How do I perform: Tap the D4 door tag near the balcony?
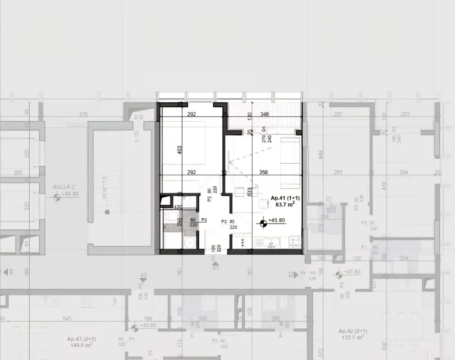click(x=263, y=129)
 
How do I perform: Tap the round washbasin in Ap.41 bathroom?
click(x=190, y=242)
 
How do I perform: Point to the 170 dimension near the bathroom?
click(x=179, y=207)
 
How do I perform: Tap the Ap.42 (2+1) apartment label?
click(x=353, y=331)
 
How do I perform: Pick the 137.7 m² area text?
click(x=353, y=337)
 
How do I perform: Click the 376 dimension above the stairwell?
click(x=83, y=114)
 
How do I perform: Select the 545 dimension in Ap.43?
click(x=67, y=318)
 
